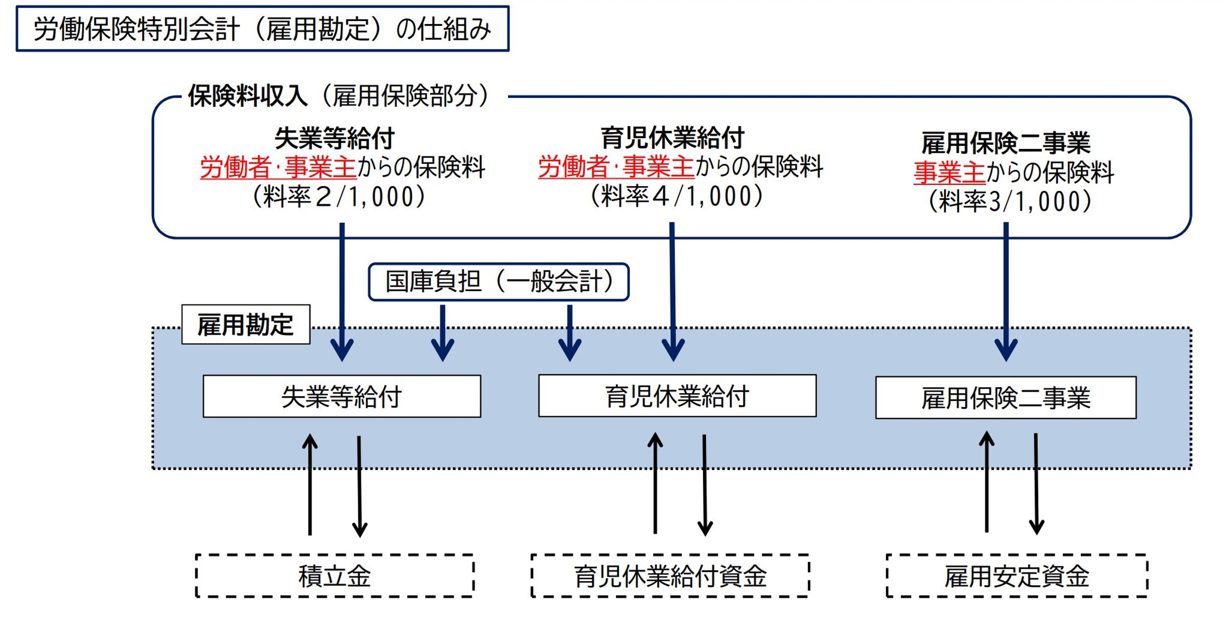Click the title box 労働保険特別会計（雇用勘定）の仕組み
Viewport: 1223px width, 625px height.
coord(262,29)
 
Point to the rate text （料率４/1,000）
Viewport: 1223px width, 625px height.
coord(676,196)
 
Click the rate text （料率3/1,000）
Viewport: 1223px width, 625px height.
coord(1009,202)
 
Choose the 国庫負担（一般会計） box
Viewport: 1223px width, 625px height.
coord(498,282)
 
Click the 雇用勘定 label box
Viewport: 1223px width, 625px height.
coord(246,325)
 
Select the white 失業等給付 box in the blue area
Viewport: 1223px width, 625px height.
coord(342,397)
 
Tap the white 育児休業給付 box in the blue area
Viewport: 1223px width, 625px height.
coord(677,396)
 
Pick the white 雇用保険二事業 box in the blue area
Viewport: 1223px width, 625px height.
coord(1005,398)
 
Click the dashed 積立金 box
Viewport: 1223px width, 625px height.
coord(335,576)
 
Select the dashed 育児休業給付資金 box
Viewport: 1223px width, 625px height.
coord(670,576)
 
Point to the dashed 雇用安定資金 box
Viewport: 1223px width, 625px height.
coord(1016,576)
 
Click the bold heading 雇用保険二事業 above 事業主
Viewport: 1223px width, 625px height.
coord(1005,143)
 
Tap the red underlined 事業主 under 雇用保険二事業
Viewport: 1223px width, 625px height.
coord(949,173)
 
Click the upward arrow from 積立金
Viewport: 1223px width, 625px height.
coord(310,485)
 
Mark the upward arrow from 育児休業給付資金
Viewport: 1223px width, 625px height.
coord(655,484)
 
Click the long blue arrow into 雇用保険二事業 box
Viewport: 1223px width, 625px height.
coord(1006,292)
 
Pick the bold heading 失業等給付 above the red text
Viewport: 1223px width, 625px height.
coord(335,138)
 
